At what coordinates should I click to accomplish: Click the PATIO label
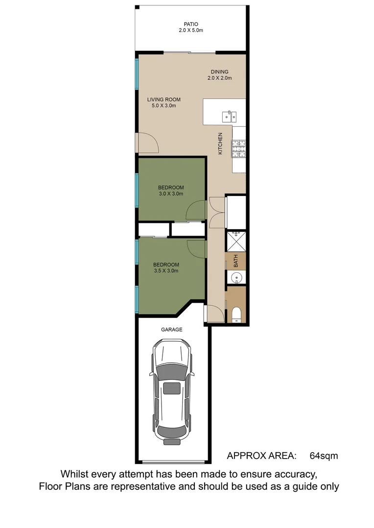tap(190, 24)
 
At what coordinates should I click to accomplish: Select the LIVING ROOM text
tap(162, 99)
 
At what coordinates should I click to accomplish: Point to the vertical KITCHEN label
tap(220, 144)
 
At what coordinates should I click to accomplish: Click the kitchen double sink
tap(229, 116)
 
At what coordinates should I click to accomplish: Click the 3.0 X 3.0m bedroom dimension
tap(170, 194)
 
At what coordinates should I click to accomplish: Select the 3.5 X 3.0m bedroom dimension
tap(166, 271)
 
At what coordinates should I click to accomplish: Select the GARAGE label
tap(172, 330)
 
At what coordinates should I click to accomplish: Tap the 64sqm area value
tap(324, 456)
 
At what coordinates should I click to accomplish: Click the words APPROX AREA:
tap(262, 456)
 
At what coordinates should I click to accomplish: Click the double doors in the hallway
tap(216, 212)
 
